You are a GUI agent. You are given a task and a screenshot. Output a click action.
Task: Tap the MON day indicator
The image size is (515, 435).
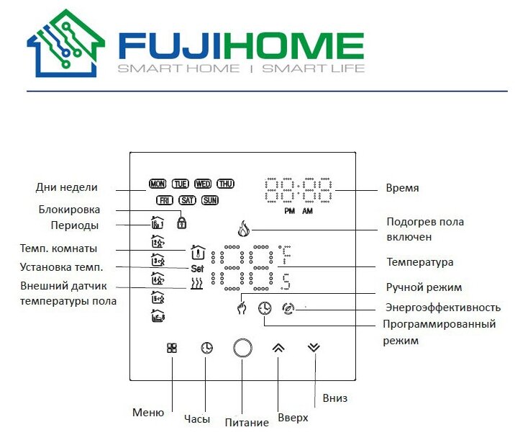157,184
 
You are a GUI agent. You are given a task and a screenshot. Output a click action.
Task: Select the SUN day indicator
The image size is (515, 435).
210,200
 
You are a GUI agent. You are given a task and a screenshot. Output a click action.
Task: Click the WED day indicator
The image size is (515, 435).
203,184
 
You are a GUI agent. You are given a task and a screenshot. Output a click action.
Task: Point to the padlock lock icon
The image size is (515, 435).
181,223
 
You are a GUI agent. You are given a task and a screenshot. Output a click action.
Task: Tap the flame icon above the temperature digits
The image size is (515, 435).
242,232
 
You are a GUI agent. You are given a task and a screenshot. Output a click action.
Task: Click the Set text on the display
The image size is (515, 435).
199,268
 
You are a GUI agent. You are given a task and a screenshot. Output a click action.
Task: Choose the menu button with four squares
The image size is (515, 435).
172,347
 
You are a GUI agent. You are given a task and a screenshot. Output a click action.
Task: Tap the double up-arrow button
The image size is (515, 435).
279,347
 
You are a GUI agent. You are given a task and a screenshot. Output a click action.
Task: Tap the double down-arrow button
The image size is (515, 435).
313,346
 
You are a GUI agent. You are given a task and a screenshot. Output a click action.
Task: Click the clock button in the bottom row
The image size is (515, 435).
206,348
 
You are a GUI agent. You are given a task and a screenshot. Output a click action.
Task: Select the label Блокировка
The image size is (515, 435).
69,210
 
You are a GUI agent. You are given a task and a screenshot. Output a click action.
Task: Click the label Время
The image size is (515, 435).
402,188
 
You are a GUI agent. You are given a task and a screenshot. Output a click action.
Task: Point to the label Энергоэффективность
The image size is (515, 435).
443,308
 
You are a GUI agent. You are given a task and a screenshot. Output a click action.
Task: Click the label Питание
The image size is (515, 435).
247,422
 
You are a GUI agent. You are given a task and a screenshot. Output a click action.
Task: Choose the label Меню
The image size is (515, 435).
148,413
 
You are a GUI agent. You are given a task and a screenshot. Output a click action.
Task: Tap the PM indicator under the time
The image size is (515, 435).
289,212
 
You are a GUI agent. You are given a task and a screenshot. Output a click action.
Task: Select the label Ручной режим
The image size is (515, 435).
424,287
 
